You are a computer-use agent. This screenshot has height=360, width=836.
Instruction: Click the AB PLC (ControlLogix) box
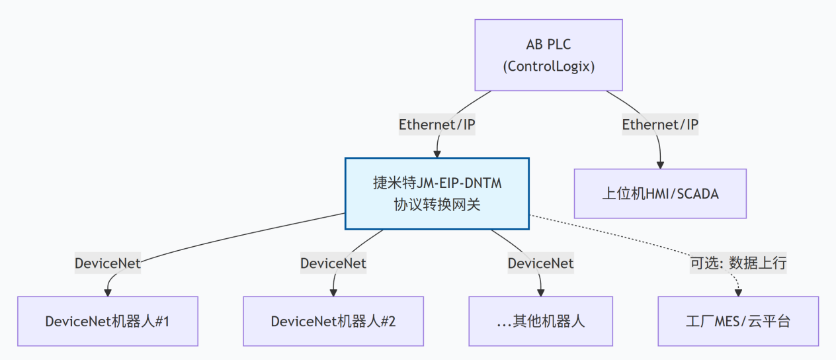[548, 55]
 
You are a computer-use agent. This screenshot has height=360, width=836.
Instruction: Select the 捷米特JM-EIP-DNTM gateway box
[437, 194]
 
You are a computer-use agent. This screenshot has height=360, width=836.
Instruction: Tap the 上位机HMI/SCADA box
[659, 194]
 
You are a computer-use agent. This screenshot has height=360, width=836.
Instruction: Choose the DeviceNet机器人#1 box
[107, 322]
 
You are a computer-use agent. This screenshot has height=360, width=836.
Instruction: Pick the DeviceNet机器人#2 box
[333, 322]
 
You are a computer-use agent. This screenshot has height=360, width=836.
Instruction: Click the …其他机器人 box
[541, 322]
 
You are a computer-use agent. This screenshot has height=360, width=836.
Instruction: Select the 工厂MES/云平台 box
[737, 322]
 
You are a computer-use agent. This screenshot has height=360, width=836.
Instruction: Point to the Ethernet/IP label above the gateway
[437, 124]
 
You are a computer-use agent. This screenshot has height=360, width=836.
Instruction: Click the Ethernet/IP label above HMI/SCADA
[660, 124]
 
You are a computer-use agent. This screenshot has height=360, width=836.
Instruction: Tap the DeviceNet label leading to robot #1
[107, 263]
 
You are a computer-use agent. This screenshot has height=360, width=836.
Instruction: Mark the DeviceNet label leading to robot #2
[333, 263]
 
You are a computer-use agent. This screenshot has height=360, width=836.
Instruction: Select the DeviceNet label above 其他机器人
[540, 263]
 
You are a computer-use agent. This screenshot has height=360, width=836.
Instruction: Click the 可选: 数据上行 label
[738, 263]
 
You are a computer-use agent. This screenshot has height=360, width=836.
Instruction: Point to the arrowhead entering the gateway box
[437, 154]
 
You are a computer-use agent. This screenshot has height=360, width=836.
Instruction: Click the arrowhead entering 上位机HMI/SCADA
[659, 165]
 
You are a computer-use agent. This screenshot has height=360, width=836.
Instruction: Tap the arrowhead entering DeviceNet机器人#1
[107, 292]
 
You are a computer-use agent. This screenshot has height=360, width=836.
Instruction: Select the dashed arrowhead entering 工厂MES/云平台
[738, 292]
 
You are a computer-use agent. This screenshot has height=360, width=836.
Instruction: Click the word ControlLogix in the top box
[548, 66]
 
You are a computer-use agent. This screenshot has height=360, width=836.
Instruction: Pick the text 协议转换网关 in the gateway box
[437, 205]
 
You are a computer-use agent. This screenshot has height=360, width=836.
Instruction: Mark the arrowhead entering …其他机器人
[541, 292]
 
